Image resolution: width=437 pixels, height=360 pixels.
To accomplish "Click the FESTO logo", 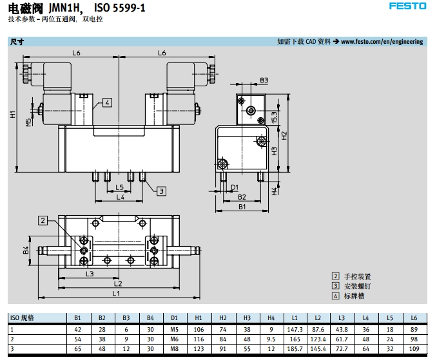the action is tap(407, 6).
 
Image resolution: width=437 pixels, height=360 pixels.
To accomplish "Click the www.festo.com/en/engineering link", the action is tap(382, 42).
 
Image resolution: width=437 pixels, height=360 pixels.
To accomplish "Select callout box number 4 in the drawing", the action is tap(107, 103).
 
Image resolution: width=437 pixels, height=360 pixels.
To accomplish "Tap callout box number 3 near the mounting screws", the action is tap(161, 191).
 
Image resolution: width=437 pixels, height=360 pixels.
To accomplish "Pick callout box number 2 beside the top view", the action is tap(43, 221).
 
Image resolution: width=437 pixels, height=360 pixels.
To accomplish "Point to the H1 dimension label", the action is tap(13, 114).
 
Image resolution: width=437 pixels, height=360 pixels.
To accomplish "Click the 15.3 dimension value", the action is tap(274, 117).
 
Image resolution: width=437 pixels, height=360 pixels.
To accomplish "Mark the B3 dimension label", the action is tap(264, 81).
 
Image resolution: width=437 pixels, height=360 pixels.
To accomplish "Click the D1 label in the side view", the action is tap(235, 187).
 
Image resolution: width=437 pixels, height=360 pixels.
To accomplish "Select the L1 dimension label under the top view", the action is tap(116, 293).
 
